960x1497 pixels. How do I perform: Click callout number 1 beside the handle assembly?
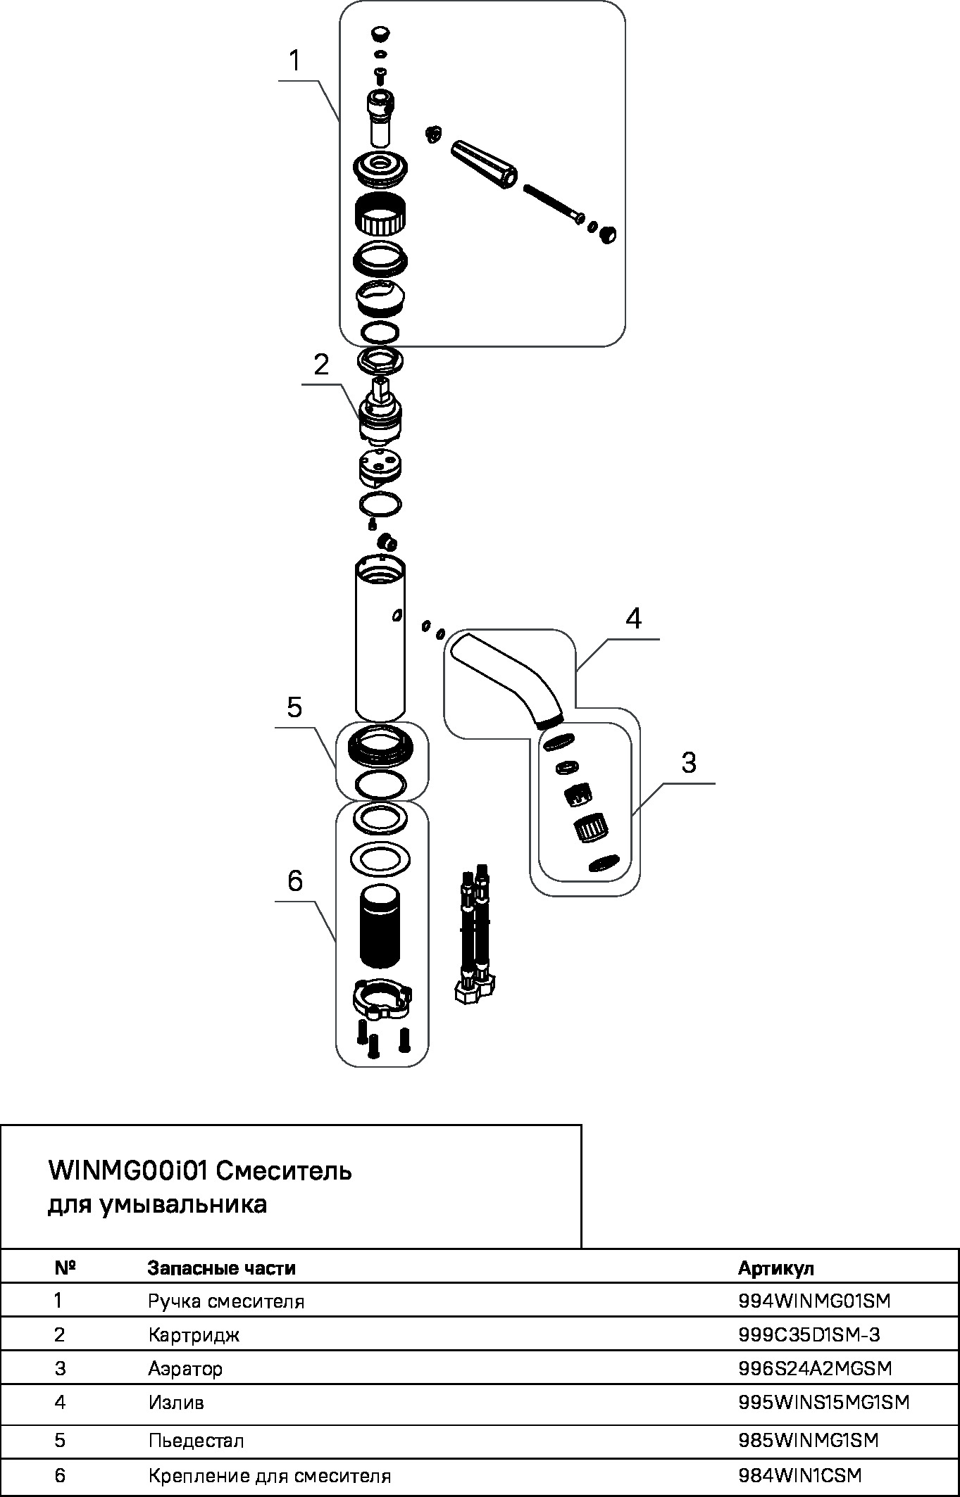click(x=295, y=61)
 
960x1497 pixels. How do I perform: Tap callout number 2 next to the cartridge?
click(x=321, y=365)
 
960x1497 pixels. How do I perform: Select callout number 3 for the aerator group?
click(x=689, y=762)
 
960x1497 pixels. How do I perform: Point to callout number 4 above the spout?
click(x=633, y=619)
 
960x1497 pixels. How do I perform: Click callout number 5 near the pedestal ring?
click(x=294, y=707)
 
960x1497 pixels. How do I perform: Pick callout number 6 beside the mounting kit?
click(x=294, y=880)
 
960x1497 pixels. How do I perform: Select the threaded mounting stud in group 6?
click(x=381, y=927)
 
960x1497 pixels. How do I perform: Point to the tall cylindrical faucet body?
click(x=380, y=637)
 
